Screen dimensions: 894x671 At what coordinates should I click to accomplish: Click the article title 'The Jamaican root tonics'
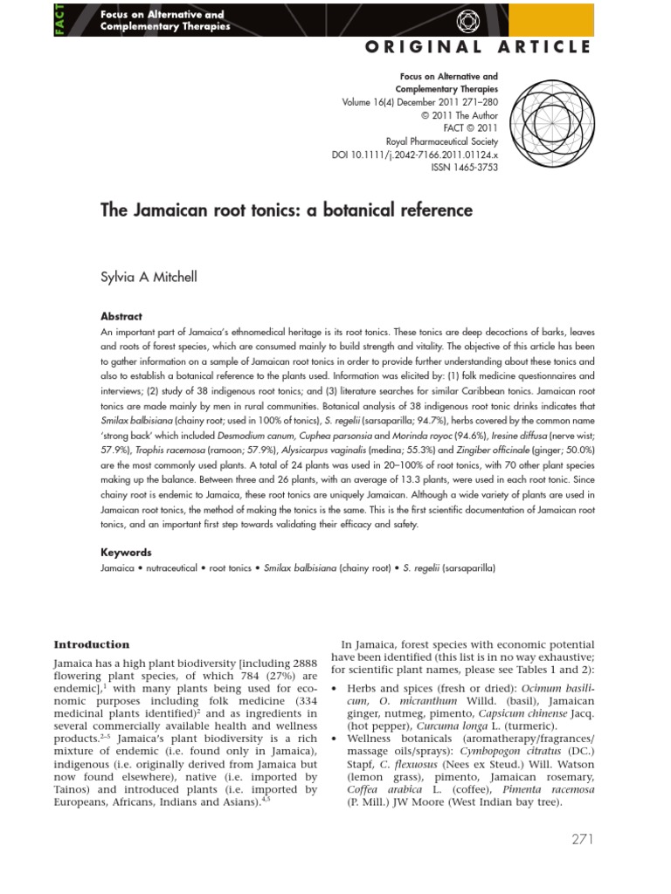pyautogui.click(x=285, y=210)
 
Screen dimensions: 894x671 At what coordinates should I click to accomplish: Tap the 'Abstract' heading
pyautogui.click(x=121, y=317)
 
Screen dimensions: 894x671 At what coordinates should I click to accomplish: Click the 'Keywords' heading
pyautogui.click(x=127, y=552)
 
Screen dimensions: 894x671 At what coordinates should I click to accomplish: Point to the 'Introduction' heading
pyautogui.click(x=92, y=644)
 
